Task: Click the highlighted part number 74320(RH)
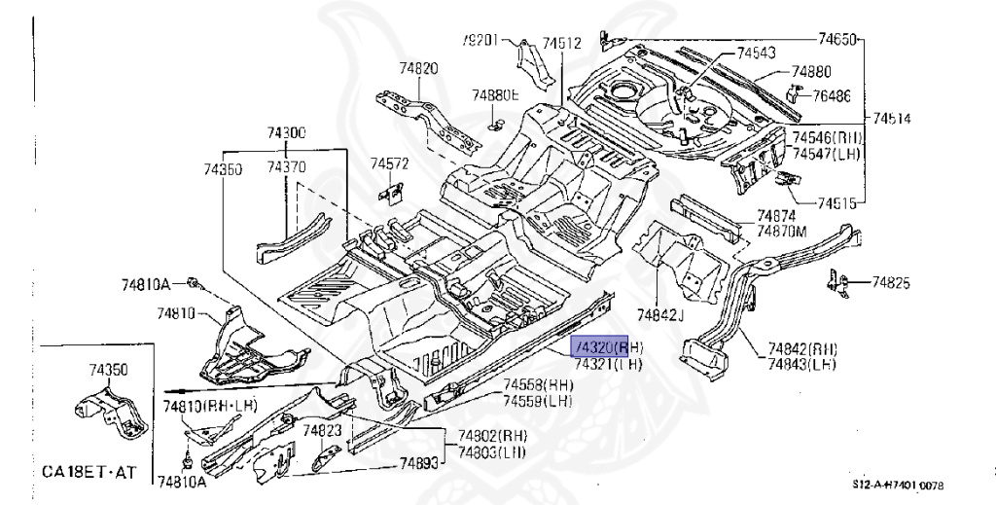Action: tap(607, 346)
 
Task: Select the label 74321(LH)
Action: tap(607, 364)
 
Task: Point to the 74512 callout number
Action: tap(562, 43)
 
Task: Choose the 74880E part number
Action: tap(496, 95)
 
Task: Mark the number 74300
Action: tap(287, 132)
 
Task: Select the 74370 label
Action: tap(287, 168)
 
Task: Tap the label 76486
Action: tap(832, 95)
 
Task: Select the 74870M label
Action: tap(782, 232)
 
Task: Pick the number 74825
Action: tap(890, 283)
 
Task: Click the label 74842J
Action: tap(661, 313)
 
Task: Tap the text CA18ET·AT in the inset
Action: tap(89, 472)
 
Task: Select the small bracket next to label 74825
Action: tap(835, 281)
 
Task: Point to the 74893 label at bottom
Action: tap(420, 465)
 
